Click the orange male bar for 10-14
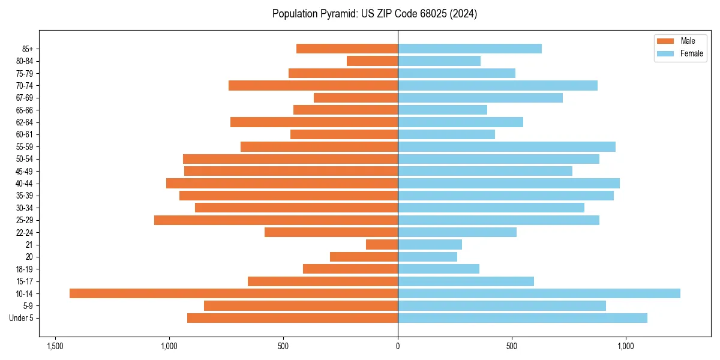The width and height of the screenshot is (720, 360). click(233, 293)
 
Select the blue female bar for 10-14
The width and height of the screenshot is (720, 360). click(539, 293)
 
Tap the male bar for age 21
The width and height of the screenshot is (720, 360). click(382, 244)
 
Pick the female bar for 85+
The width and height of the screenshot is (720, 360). click(469, 49)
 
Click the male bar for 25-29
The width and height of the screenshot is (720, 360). click(276, 220)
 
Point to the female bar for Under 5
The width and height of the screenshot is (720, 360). click(522, 318)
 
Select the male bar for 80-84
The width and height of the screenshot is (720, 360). click(372, 61)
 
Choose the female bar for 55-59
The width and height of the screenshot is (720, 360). click(506, 146)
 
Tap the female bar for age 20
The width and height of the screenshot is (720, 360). click(427, 257)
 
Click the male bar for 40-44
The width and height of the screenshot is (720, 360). click(282, 183)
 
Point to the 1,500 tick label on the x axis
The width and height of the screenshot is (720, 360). click(55, 346)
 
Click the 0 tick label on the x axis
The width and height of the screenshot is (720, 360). click(398, 346)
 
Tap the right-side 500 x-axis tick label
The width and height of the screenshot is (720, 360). click(512, 346)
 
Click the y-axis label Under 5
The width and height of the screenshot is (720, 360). click(21, 318)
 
